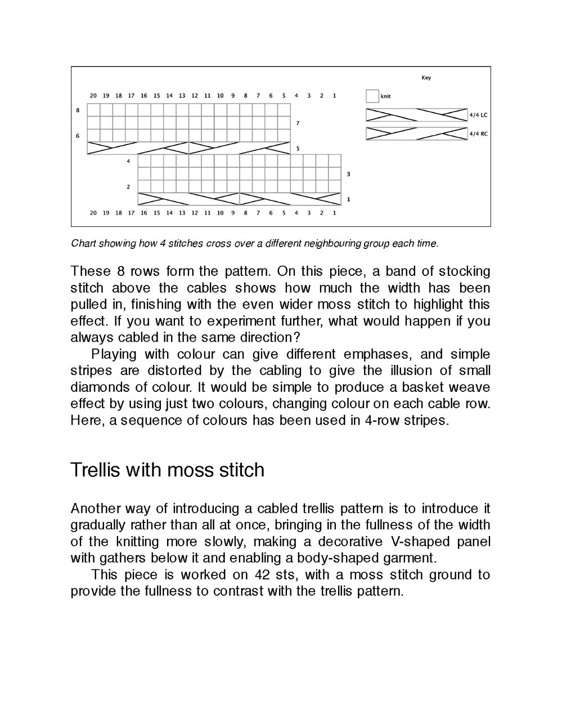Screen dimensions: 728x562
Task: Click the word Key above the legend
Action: [x=426, y=78]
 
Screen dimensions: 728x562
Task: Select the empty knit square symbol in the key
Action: [x=372, y=96]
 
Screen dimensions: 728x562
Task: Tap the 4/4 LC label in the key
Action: [x=478, y=115]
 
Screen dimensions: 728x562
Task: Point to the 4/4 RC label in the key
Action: [x=478, y=134]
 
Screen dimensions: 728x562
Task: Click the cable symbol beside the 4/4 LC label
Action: [x=416, y=115]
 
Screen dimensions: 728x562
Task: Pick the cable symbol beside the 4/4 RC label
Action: [x=416, y=134]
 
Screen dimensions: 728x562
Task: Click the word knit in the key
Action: [x=385, y=96]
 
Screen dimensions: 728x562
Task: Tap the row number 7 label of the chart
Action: [x=298, y=123]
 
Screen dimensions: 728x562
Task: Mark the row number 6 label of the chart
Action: [x=78, y=136]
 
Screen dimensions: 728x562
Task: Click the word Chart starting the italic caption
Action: [x=83, y=244]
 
